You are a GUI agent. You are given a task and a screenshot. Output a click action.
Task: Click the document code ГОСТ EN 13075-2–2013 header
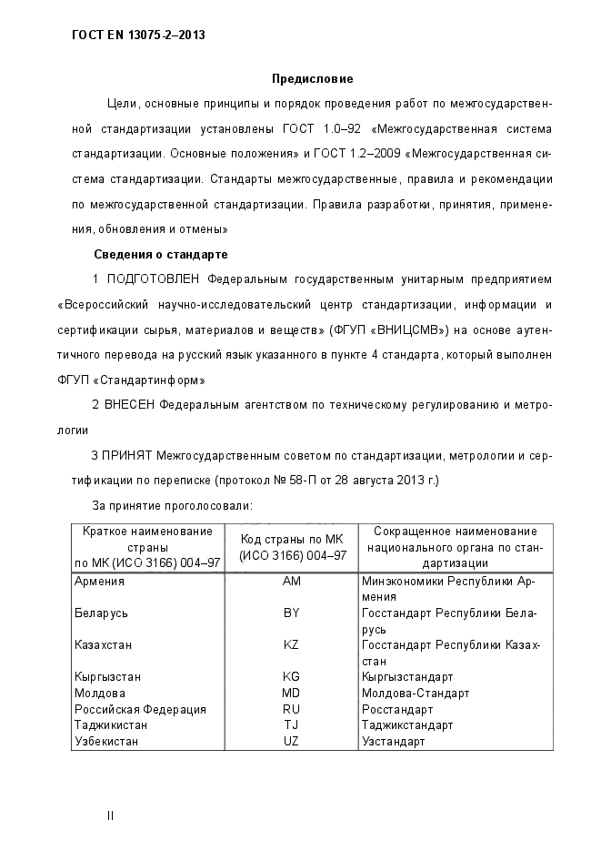tap(138, 35)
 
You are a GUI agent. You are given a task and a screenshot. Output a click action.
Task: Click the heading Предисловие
tap(312, 79)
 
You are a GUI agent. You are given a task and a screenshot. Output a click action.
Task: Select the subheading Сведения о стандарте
tap(160, 254)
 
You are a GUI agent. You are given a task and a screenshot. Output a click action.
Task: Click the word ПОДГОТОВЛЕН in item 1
tap(155, 278)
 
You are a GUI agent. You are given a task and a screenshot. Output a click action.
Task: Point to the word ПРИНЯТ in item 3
tap(126, 454)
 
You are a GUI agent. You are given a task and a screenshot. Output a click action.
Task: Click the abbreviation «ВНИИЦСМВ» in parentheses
tap(412, 329)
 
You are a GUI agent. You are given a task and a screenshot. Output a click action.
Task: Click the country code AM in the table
tap(292, 582)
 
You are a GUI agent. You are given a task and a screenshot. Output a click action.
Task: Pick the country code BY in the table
tap(292, 613)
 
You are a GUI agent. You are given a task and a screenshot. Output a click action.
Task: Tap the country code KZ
tap(292, 645)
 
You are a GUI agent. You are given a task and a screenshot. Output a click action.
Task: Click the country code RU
tap(292, 709)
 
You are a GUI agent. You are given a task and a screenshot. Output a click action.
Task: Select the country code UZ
tap(292, 742)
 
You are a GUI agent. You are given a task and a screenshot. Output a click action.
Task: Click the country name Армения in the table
tap(99, 582)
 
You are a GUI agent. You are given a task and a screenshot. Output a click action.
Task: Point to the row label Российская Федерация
tap(140, 709)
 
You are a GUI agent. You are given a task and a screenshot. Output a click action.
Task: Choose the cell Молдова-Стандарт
tap(416, 694)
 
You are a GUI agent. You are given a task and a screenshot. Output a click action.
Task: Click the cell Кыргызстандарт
tap(407, 677)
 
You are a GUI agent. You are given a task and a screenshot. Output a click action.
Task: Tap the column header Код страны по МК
tap(292, 539)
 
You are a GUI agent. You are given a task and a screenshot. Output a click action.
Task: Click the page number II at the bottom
tap(110, 816)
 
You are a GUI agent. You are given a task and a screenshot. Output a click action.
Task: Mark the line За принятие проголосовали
tap(173, 504)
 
